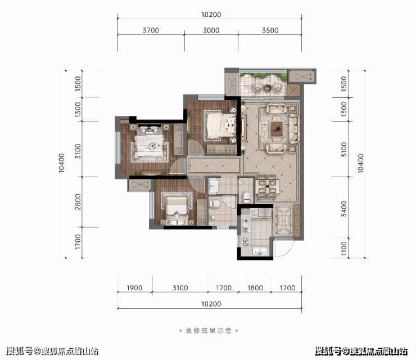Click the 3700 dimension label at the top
[x=151, y=30]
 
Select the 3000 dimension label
[x=211, y=30]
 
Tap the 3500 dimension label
[x=270, y=30]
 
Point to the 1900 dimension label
[x=134, y=288]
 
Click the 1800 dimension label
[x=255, y=288]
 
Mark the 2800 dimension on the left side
[x=78, y=202]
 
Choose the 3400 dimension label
[x=344, y=209]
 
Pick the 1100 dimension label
[x=344, y=249]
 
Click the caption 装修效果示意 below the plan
[x=209, y=331]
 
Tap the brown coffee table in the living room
[x=277, y=129]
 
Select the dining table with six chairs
[x=267, y=187]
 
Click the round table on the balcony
[x=268, y=87]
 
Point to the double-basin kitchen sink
[x=260, y=251]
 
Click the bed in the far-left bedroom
[x=149, y=147]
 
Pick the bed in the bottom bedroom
[x=177, y=209]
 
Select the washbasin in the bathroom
[x=213, y=186]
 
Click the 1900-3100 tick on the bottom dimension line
[x=152, y=292]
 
